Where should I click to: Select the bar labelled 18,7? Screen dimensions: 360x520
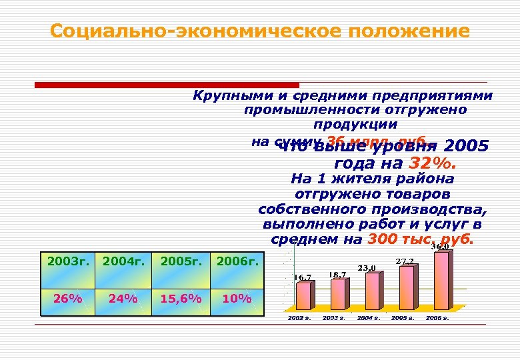tap(339, 293)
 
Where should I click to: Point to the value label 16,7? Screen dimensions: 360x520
tap(303, 277)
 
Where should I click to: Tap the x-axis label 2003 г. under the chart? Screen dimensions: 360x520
tap(333, 318)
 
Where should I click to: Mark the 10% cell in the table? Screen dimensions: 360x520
tap(236, 298)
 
